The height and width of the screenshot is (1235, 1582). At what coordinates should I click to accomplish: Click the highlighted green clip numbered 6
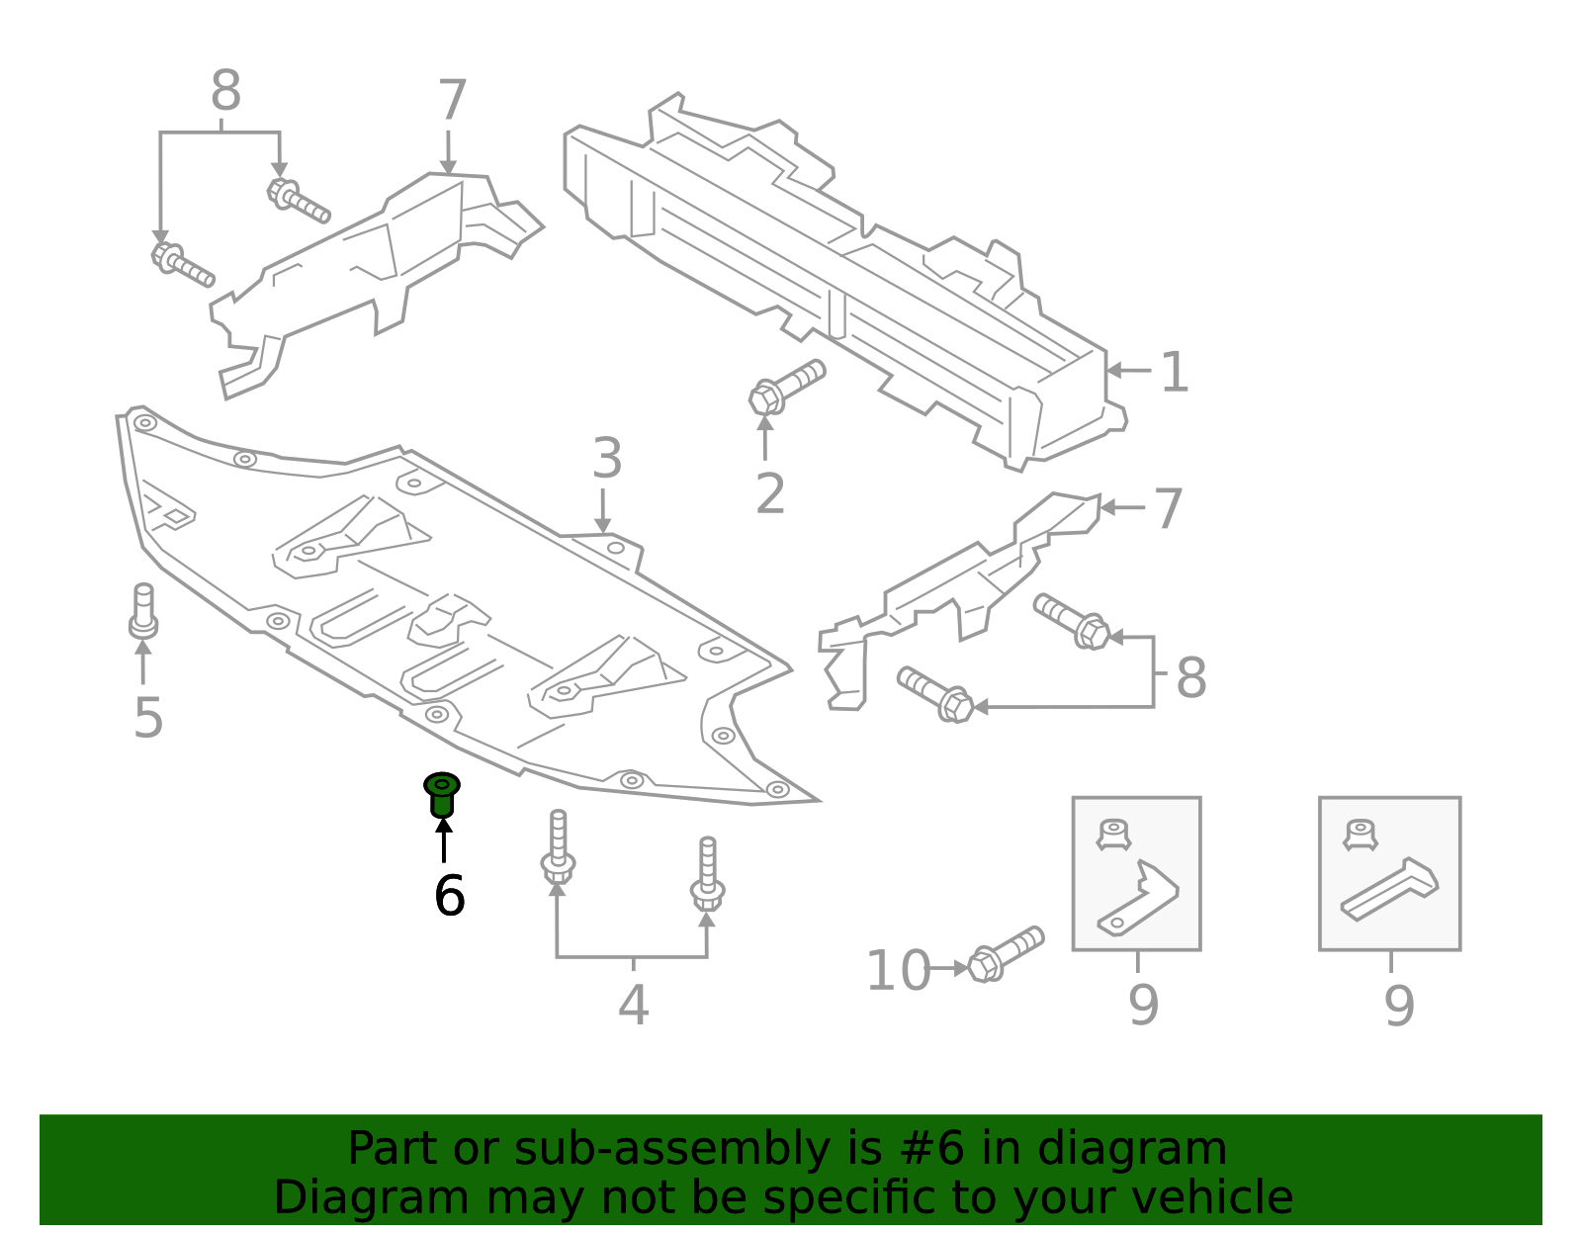(442, 795)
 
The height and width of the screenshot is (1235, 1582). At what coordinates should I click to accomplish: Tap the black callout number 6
(449, 896)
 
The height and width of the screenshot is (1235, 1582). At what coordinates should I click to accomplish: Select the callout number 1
(1174, 373)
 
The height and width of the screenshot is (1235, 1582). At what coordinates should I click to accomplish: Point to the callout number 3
(607, 460)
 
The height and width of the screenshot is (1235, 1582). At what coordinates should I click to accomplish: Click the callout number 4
(633, 1006)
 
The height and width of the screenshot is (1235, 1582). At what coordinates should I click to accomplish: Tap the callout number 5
(147, 717)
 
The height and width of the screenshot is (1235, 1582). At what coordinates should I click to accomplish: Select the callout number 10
(898, 971)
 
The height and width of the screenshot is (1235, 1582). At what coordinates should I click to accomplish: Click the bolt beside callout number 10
(1005, 953)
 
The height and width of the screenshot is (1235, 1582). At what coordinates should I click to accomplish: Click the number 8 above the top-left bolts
(225, 92)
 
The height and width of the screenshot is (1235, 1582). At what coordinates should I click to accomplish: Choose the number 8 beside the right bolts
(1190, 678)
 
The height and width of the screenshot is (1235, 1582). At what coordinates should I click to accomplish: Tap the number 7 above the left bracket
(452, 101)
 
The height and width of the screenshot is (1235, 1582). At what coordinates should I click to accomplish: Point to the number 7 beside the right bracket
(1168, 509)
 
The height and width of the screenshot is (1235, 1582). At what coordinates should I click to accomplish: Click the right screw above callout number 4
(707, 874)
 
